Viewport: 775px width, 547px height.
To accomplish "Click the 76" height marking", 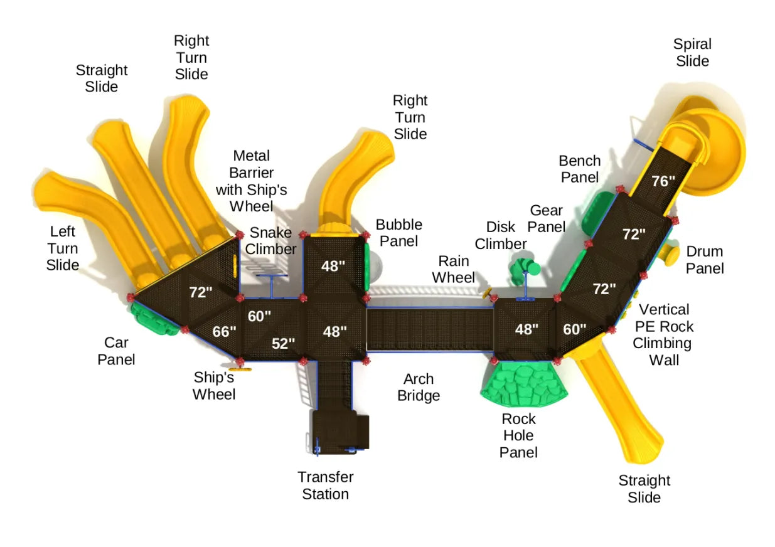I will click(x=663, y=181).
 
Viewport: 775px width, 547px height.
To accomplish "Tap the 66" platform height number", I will click(x=223, y=331).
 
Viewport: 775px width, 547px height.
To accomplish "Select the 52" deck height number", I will click(x=283, y=343).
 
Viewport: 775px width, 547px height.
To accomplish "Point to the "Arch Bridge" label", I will click(x=419, y=387).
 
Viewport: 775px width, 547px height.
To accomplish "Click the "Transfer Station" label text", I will click(x=325, y=486).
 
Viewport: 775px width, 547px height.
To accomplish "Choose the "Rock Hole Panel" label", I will click(x=518, y=435).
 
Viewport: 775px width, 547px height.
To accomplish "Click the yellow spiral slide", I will click(x=715, y=144).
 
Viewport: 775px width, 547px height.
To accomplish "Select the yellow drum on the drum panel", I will click(x=670, y=255).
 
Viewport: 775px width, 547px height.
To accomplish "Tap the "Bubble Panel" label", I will click(x=398, y=233).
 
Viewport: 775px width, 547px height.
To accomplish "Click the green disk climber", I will click(x=525, y=269).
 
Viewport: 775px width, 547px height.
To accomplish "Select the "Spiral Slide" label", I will click(x=692, y=53).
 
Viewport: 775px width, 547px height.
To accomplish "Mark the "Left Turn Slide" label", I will click(x=63, y=248).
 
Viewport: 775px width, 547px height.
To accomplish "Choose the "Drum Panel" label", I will click(x=705, y=260).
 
